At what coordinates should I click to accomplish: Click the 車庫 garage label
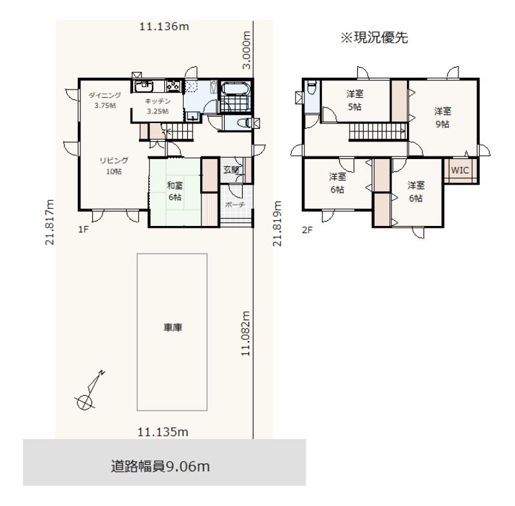173,328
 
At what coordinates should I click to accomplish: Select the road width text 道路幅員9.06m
160,466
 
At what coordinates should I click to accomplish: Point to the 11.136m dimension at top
164,26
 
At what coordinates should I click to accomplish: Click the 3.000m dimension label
247,50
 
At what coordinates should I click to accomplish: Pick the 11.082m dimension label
245,333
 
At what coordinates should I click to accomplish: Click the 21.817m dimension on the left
50,222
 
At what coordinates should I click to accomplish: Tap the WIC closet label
460,170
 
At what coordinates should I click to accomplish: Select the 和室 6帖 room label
174,191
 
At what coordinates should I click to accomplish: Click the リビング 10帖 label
114,166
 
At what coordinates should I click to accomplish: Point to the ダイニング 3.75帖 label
105,100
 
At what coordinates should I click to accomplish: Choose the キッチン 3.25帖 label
158,106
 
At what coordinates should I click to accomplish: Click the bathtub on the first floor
236,88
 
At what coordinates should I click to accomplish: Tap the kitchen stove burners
173,86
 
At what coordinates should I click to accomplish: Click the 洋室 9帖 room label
442,118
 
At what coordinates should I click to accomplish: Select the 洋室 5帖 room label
355,100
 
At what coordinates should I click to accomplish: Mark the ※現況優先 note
374,37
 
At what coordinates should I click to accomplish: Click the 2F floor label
307,230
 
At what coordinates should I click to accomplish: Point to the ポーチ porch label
235,205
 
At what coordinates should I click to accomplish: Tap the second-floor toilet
312,89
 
